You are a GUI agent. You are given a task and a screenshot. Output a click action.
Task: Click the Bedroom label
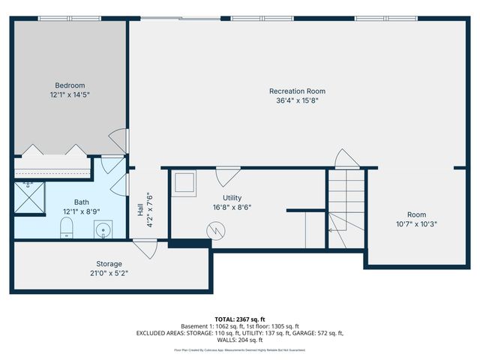[x=69, y=85]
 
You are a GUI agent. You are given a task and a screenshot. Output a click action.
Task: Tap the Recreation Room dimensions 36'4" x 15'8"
[x=297, y=100]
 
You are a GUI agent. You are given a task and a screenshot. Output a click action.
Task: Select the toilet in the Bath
[x=66, y=228]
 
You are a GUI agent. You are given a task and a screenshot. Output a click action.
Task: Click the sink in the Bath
[x=102, y=229]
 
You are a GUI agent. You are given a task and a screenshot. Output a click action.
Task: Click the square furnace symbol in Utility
[x=184, y=182]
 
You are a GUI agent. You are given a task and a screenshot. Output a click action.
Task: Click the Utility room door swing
[x=224, y=177]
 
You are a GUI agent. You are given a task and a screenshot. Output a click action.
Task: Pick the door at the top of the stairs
[x=346, y=160]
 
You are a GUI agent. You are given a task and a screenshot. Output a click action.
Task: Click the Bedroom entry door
[x=118, y=138]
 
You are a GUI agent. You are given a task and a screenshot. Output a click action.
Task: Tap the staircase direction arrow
[x=337, y=221]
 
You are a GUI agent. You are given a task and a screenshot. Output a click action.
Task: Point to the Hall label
[x=140, y=211]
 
